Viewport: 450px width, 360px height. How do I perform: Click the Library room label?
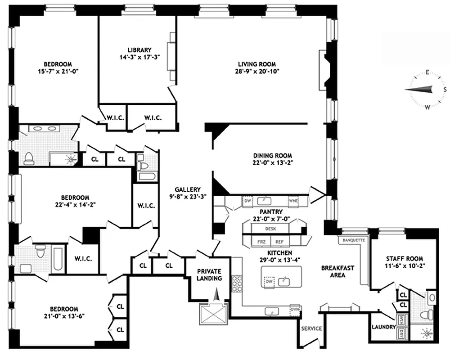pyautogui.click(x=139, y=50)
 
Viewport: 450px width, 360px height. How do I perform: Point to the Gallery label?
pyautogui.click(x=188, y=189)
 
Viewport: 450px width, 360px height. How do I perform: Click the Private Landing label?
pyautogui.click(x=210, y=274)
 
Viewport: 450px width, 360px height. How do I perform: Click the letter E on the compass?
pyautogui.click(x=427, y=72)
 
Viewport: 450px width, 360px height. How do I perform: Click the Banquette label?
pyautogui.click(x=353, y=240)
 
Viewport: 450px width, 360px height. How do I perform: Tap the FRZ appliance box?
pyautogui.click(x=261, y=241)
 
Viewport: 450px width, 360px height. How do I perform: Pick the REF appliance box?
pyautogui.click(x=279, y=241)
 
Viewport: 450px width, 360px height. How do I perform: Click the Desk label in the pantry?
pyautogui.click(x=270, y=229)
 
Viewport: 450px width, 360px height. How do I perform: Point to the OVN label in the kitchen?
pyautogui.click(x=295, y=309)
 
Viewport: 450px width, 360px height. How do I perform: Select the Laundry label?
pyautogui.click(x=382, y=327)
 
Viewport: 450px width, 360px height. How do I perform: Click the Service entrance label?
pyautogui.click(x=311, y=328)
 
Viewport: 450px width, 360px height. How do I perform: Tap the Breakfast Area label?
pyautogui.click(x=337, y=271)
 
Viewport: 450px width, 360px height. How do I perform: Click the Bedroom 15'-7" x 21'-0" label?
pyautogui.click(x=57, y=67)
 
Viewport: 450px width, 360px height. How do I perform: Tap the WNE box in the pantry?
pyautogui.click(x=293, y=201)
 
